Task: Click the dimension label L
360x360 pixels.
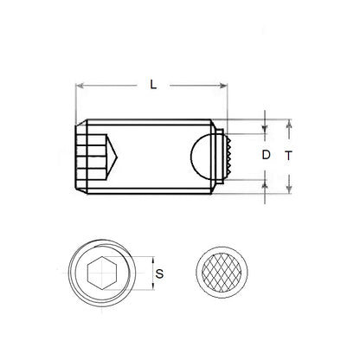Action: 153,86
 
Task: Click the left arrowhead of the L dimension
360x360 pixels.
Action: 80,85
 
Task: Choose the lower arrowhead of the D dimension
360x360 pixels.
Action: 265,176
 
